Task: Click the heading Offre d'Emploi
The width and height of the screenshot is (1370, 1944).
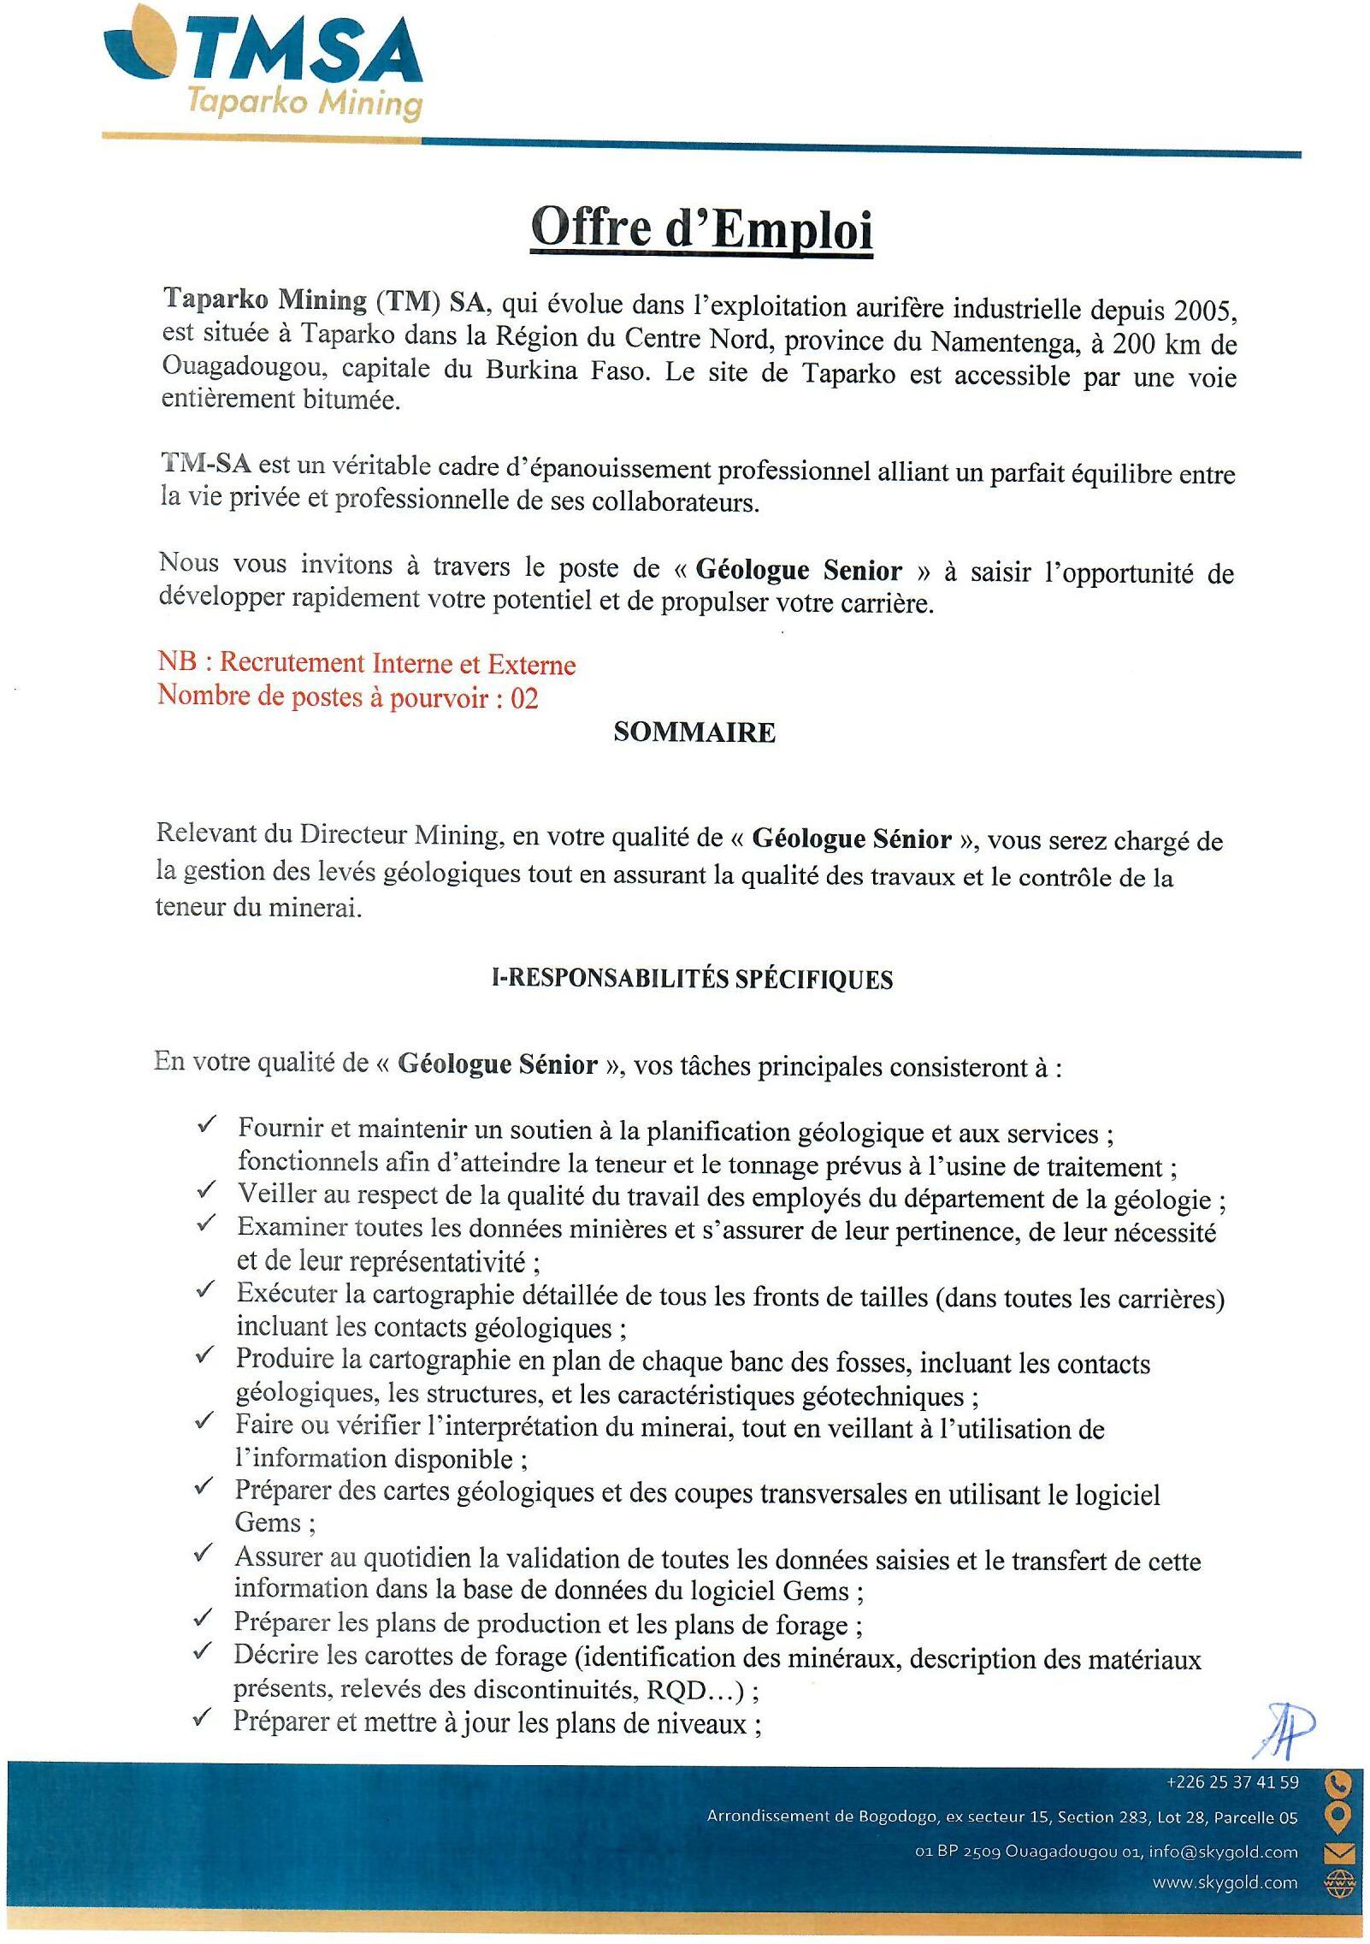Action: coord(701,228)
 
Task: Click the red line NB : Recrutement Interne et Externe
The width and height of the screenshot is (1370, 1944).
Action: coord(366,664)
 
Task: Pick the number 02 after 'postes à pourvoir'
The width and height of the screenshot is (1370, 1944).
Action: coord(524,699)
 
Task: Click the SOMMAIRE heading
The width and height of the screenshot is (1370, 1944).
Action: coord(694,733)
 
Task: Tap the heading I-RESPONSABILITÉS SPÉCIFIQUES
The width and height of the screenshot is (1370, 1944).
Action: coord(692,980)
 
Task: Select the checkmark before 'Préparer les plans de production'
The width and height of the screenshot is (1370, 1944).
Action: coord(204,1617)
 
